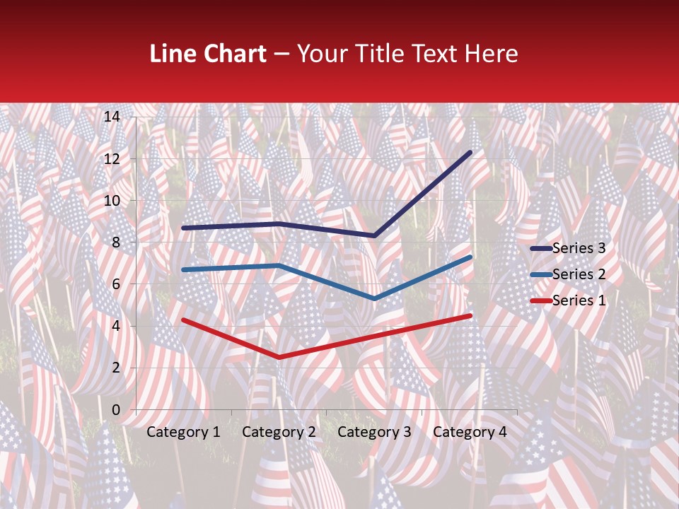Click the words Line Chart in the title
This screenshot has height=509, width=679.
(208, 54)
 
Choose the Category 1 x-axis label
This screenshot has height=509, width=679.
(183, 432)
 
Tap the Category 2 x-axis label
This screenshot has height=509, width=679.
(279, 432)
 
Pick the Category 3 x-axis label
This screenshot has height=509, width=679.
(374, 432)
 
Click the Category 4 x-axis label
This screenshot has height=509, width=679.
(470, 432)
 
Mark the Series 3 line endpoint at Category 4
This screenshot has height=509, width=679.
(470, 152)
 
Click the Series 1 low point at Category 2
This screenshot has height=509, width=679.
(279, 358)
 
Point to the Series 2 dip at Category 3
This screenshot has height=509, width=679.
(374, 299)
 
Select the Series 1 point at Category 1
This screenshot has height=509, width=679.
(183, 320)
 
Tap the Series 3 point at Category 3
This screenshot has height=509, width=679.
(374, 235)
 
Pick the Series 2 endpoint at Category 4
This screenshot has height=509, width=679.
(470, 257)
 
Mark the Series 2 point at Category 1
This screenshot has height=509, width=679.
(183, 270)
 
